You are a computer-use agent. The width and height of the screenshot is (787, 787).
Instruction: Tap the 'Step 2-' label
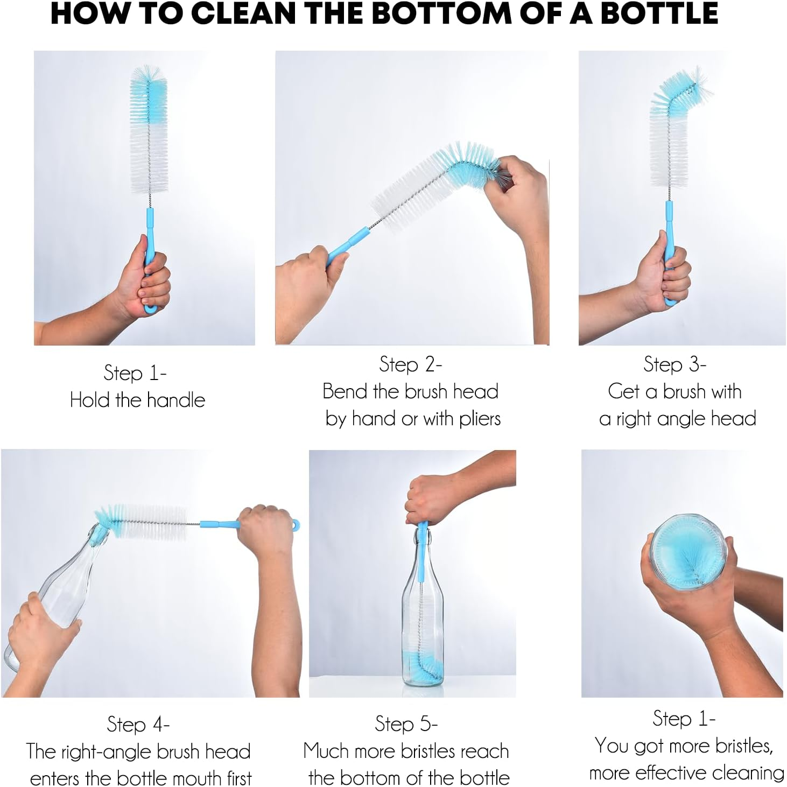(x=410, y=364)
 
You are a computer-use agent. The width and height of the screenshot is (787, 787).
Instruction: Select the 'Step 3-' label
(x=674, y=364)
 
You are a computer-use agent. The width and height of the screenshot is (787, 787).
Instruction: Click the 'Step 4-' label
(x=138, y=725)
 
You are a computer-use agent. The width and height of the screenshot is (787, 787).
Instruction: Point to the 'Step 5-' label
(x=406, y=724)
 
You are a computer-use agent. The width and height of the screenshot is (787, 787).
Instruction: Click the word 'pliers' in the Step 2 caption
(x=480, y=418)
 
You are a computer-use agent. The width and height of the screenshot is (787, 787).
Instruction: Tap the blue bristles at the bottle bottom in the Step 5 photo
(x=421, y=667)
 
